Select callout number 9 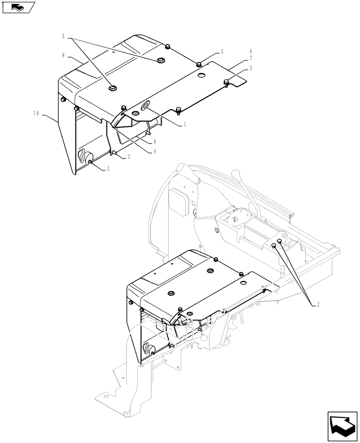pyautogui.click(x=64, y=55)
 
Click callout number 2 pyautogui.click(x=318, y=304)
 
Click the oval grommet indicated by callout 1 pyautogui.click(x=145, y=106)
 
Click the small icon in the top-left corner pyautogui.click(x=18, y=7)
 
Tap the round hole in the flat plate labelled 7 pyautogui.click(x=200, y=77)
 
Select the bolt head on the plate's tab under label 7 pyautogui.click(x=227, y=81)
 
